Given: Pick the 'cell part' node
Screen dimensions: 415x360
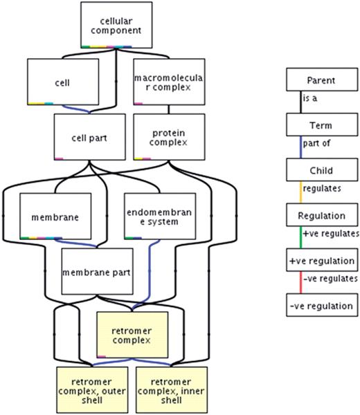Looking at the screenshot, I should tap(83, 137).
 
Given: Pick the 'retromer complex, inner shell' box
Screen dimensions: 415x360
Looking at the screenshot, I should tap(171, 389).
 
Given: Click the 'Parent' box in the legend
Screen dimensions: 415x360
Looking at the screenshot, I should tap(321, 82).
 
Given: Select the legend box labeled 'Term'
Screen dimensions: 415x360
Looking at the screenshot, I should tap(321, 126).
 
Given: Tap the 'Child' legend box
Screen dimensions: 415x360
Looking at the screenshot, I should tap(321, 170).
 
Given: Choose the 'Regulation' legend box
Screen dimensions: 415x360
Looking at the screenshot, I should tap(321, 216).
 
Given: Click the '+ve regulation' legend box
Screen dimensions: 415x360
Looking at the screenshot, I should tap(321, 261).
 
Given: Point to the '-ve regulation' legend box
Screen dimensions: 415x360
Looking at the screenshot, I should tap(321, 305).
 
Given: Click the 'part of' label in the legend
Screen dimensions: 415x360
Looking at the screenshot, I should tap(318, 148).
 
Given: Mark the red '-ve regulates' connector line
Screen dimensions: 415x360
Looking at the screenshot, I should tap(300, 283).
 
